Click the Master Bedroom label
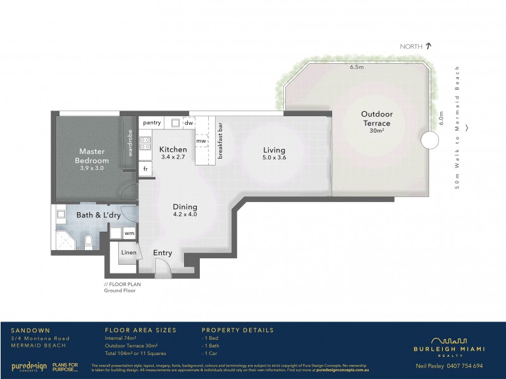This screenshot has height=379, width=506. coord(91,156)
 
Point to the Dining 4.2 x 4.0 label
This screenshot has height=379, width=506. coord(185,210)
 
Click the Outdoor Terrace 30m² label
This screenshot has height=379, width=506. coord(376,119)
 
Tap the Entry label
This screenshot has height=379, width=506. coord(163,253)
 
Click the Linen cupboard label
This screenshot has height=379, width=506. coord(128,253)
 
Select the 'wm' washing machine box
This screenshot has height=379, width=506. coord(129,233)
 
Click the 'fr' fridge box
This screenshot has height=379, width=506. coord(145,169)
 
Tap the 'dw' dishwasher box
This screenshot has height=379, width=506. coord(188,123)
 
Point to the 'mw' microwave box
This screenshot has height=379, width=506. coord(201,141)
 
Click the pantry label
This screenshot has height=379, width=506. coord(152,123)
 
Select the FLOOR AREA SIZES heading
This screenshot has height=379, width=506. coord(140,330)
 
